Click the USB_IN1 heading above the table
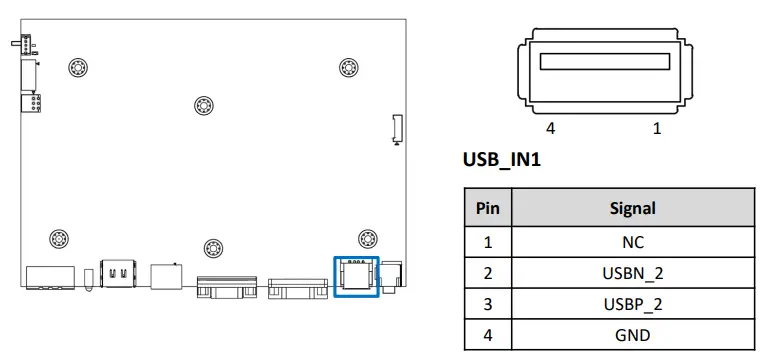(x=501, y=159)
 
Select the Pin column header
(x=488, y=208)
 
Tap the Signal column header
(x=632, y=208)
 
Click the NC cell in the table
(x=632, y=241)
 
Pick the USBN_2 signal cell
(x=632, y=272)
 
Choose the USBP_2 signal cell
(x=632, y=303)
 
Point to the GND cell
(x=632, y=334)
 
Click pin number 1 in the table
(x=488, y=241)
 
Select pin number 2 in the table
(x=488, y=272)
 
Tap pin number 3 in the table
(x=488, y=303)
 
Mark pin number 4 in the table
(x=488, y=334)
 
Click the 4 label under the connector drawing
(x=550, y=129)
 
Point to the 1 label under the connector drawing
(x=657, y=129)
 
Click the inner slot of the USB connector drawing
(x=604, y=62)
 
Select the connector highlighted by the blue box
(x=355, y=275)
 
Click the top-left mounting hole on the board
(x=77, y=68)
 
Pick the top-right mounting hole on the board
(x=347, y=68)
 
